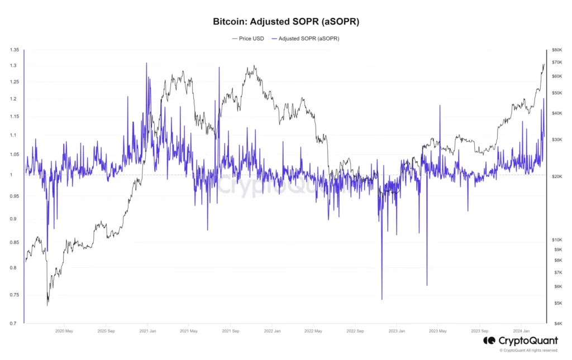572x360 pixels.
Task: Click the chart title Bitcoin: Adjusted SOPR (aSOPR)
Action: coord(286,22)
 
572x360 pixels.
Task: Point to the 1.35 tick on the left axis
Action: coord(15,50)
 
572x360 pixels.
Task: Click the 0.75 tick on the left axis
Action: coord(15,295)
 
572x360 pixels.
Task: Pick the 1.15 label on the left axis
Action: coord(15,117)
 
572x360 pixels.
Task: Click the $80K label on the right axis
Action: coord(556,50)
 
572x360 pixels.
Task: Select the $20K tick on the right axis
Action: coord(556,176)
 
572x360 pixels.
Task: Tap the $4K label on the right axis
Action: coord(555,323)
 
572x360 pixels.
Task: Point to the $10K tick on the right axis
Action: coord(556,239)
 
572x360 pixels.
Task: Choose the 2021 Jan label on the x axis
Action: coord(147,330)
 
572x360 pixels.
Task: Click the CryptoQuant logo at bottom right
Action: coord(521,340)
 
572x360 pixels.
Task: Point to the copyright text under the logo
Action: coord(528,351)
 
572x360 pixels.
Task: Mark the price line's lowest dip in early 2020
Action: coord(47,305)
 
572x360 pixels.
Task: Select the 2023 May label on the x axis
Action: coord(438,330)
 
